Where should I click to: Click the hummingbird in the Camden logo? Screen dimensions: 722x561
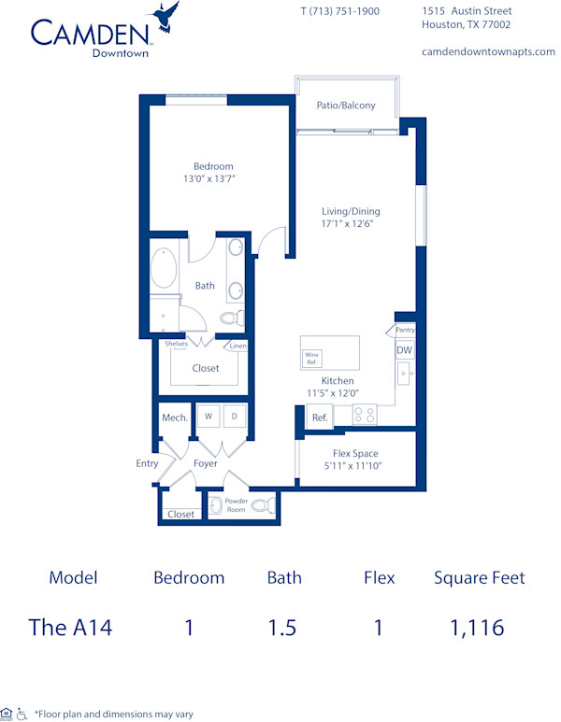pyautogui.click(x=165, y=16)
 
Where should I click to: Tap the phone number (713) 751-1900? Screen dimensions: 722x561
pyautogui.click(x=339, y=11)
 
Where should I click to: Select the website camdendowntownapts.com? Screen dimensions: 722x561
pyautogui.click(x=488, y=51)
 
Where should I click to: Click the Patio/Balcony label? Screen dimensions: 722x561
pyautogui.click(x=346, y=106)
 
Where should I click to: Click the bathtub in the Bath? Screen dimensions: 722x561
pyautogui.click(x=165, y=266)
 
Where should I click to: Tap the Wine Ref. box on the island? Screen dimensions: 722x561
pyautogui.click(x=311, y=358)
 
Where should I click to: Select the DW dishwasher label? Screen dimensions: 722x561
pyautogui.click(x=404, y=350)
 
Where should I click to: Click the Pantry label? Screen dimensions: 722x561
pyautogui.click(x=405, y=330)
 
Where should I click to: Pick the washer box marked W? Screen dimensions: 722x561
pyautogui.click(x=208, y=416)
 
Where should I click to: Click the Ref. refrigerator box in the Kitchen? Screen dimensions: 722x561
pyautogui.click(x=319, y=418)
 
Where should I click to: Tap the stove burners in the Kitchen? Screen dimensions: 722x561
pyautogui.click(x=364, y=415)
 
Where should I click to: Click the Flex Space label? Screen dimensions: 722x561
pyautogui.click(x=354, y=453)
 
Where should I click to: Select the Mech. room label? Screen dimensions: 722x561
pyautogui.click(x=174, y=418)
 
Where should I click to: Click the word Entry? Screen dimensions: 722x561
pyautogui.click(x=147, y=462)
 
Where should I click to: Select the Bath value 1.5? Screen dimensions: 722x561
pyautogui.click(x=284, y=628)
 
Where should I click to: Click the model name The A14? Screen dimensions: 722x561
pyautogui.click(x=71, y=628)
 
